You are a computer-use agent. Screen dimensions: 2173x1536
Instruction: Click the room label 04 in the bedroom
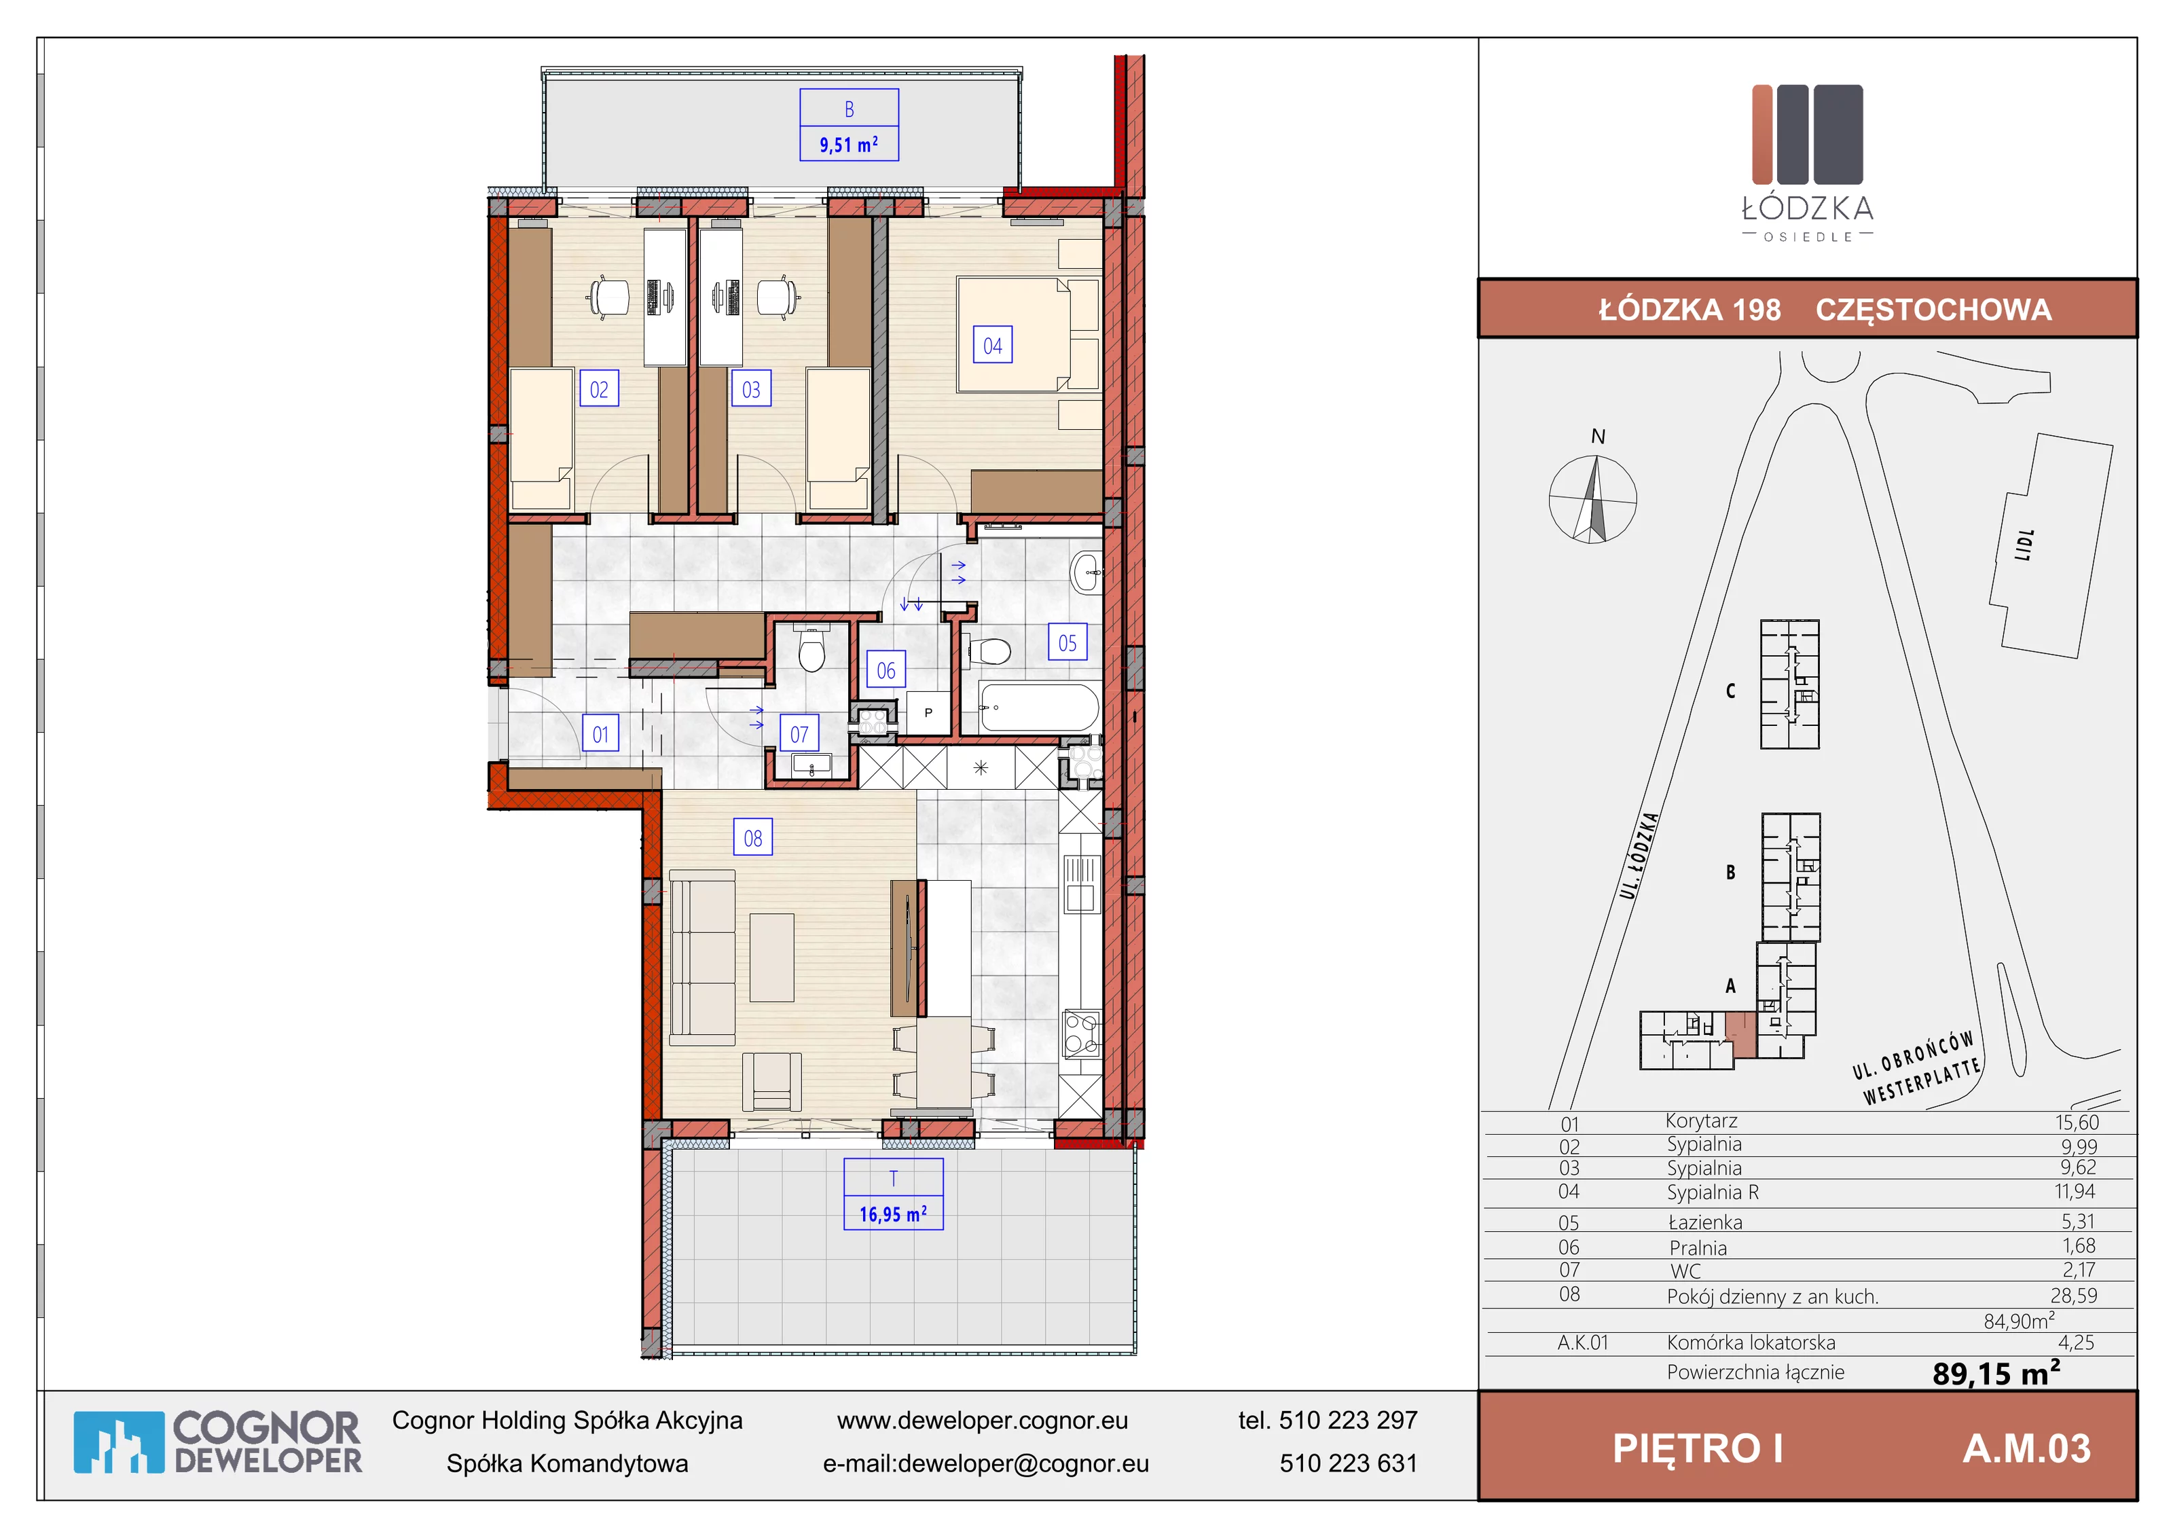click(x=993, y=346)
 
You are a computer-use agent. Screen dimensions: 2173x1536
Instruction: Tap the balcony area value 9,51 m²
click(x=849, y=145)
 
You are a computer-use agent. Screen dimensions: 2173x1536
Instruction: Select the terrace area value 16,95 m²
click(x=894, y=1213)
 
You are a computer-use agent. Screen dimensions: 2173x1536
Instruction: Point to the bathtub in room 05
click(x=1039, y=707)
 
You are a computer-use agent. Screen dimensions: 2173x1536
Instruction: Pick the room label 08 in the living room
click(x=753, y=837)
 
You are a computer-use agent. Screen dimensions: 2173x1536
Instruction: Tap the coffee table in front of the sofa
click(x=772, y=957)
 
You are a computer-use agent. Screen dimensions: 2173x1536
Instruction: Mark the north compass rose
click(x=1593, y=498)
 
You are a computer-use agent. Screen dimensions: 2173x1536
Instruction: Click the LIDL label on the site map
click(x=2024, y=545)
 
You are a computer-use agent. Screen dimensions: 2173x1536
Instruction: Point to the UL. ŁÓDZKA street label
click(x=1639, y=856)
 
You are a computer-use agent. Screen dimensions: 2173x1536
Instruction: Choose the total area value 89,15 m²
click(x=1996, y=1372)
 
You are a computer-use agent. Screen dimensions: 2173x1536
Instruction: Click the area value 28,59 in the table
click(x=2074, y=1296)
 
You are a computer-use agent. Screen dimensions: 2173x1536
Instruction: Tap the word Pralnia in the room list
click(x=1698, y=1248)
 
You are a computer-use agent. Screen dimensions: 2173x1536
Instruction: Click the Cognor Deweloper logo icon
click(x=118, y=1442)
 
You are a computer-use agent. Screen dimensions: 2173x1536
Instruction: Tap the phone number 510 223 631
click(x=1349, y=1463)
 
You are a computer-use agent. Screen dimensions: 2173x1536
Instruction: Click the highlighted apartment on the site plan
click(x=1740, y=1034)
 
